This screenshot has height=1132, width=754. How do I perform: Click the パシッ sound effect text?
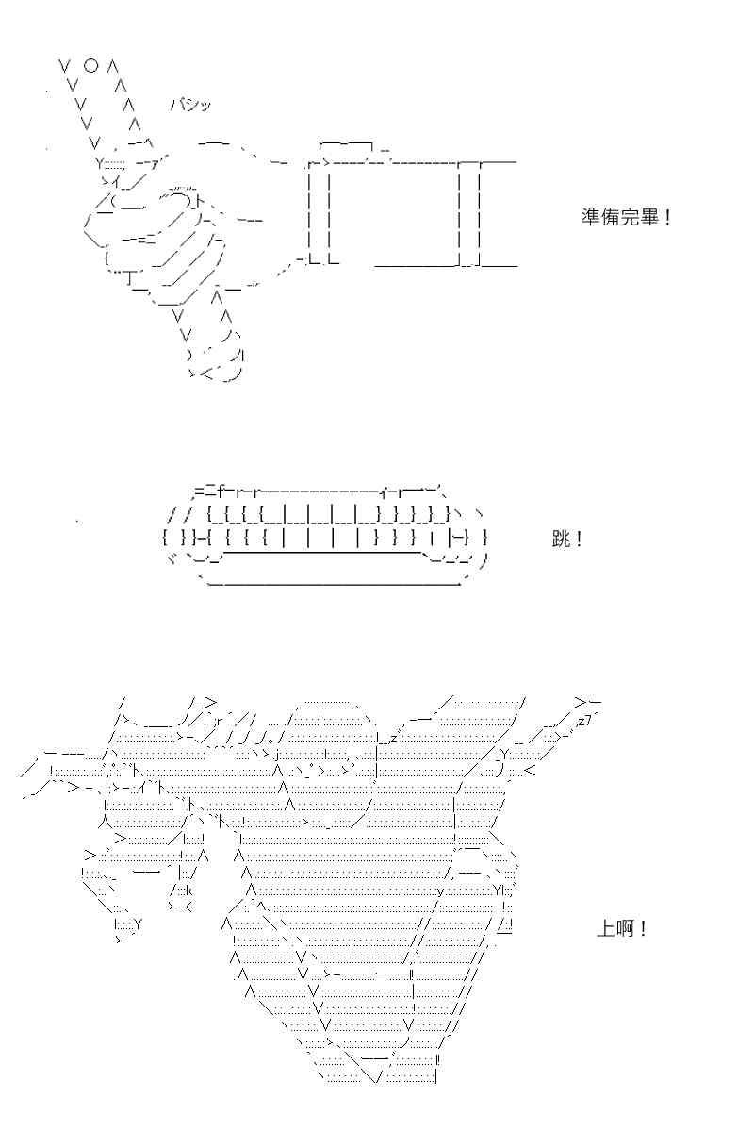coord(189,105)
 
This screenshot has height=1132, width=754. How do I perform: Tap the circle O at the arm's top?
coord(90,66)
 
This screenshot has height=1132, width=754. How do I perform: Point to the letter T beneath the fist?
coord(130,278)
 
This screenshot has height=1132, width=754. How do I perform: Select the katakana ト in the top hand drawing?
coord(199,202)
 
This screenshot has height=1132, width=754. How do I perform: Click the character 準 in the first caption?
coord(589,217)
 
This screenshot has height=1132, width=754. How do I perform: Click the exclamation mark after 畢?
coord(667,218)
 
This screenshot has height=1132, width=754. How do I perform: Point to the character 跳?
coord(561,540)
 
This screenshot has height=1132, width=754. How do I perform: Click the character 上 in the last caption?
coord(605,928)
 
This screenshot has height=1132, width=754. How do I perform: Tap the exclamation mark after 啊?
coord(643,928)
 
